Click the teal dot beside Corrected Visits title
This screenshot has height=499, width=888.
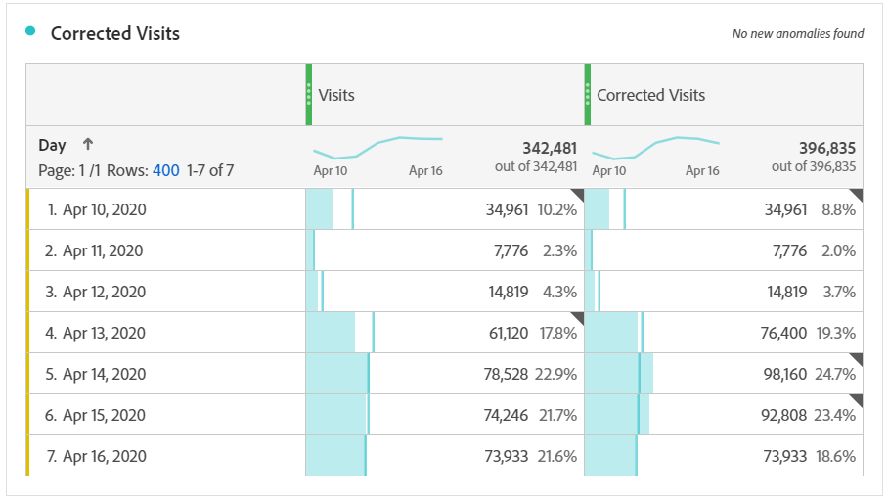[31, 32]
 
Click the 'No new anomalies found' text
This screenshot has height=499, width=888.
[797, 34]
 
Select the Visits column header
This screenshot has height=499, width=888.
[335, 95]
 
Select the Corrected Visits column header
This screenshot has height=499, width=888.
[650, 95]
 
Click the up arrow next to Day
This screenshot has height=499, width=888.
[87, 145]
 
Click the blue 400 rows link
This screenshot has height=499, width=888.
[165, 170]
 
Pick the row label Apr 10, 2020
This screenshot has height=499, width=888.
[103, 209]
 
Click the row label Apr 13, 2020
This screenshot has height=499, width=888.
[103, 333]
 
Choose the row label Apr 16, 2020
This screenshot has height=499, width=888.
[103, 456]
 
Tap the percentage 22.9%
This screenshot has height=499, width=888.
[558, 374]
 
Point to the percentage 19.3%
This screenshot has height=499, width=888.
[836, 333]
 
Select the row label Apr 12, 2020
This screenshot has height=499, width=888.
[103, 292]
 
